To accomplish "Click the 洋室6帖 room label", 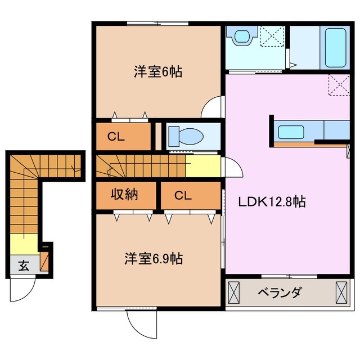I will pyautogui.click(x=157, y=73).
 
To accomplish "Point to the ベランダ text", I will pyautogui.click(x=280, y=292).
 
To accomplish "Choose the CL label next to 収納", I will pyautogui.click(x=182, y=196).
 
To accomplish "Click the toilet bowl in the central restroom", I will pyautogui.click(x=186, y=136).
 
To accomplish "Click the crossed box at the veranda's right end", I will pyautogui.click(x=341, y=293).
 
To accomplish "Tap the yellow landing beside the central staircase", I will pyautogui.click(x=202, y=166).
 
